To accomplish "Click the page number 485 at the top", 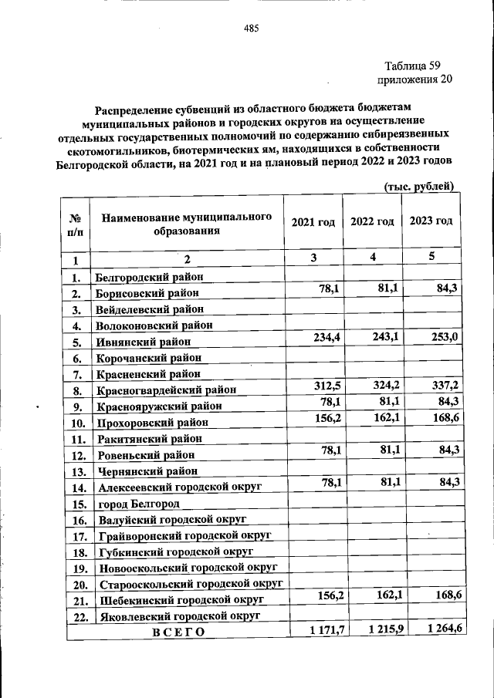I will coord(251,29).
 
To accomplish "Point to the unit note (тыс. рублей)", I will coord(418,207).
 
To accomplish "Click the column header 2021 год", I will coord(313,222).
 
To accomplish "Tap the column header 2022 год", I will coord(372,222).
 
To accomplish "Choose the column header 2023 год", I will coord(431,221).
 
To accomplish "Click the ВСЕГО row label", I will coord(178,632).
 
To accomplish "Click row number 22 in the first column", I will coord(76,616).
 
